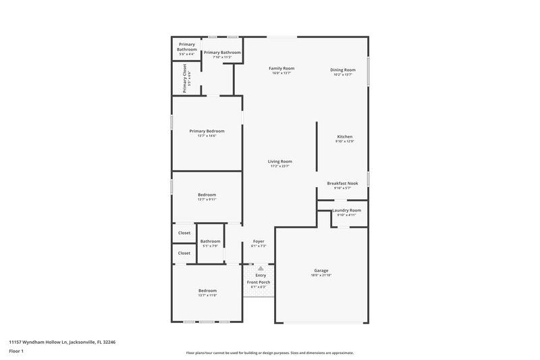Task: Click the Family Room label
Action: (281, 68)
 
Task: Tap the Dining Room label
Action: (343, 70)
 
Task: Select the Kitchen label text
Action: (344, 136)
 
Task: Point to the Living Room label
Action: (279, 161)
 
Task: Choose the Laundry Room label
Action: (346, 210)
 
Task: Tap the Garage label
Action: (321, 270)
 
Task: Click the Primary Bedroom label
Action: (207, 131)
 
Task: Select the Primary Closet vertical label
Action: (184, 78)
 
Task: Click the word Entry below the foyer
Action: (261, 275)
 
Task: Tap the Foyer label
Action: (259, 241)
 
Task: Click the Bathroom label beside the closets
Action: (210, 241)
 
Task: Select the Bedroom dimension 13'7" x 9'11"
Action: (207, 200)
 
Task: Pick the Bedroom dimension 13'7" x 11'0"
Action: (207, 296)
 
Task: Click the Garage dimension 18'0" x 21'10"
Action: (321, 276)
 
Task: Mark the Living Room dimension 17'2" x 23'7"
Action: (279, 166)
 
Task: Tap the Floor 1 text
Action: (16, 351)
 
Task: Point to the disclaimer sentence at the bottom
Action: (270, 353)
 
